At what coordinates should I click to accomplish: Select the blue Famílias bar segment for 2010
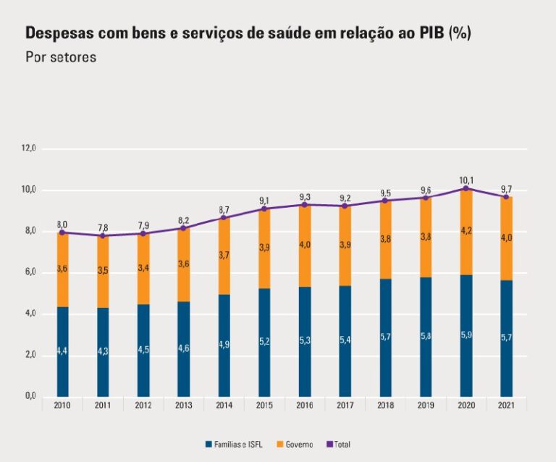pos(63,351)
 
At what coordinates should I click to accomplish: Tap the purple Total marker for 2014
pos(224,217)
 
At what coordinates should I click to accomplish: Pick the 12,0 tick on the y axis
pos(29,148)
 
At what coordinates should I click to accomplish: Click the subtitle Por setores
pos(60,57)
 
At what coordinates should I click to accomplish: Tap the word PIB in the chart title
pos(429,33)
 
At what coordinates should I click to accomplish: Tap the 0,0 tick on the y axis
pos(30,397)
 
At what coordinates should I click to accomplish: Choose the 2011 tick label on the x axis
pos(103,406)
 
